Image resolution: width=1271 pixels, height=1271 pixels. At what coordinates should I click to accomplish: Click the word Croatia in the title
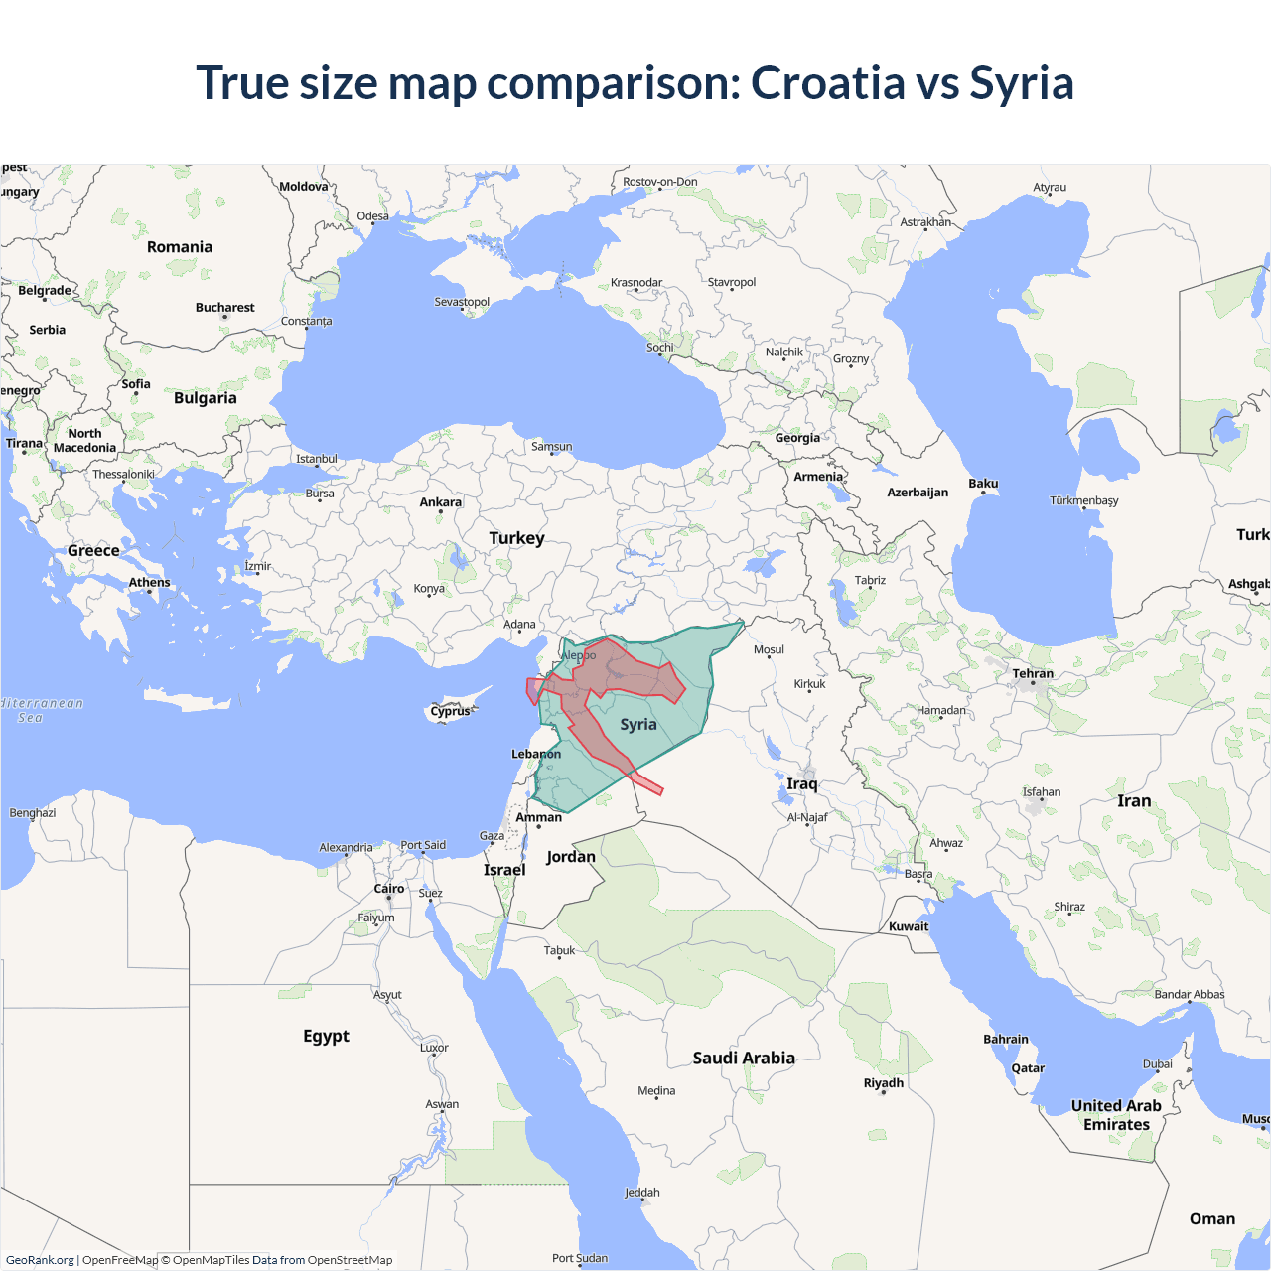tap(827, 82)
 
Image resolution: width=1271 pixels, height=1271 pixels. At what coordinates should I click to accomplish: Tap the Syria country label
tap(638, 725)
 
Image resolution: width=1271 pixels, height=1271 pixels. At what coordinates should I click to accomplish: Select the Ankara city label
tap(440, 502)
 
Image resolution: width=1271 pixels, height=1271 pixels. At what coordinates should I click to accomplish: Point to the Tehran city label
tap(1033, 673)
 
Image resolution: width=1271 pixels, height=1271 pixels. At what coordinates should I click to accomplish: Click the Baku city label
tap(983, 484)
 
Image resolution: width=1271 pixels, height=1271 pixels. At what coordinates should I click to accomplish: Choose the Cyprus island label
tap(450, 711)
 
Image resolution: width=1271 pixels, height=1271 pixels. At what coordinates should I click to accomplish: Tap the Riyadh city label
tap(883, 1083)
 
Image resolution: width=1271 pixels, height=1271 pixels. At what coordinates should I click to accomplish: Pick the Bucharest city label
tap(224, 308)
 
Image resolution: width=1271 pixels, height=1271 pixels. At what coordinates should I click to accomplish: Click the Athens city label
tap(149, 583)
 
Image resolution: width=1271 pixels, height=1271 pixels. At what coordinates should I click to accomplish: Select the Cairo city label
tap(388, 889)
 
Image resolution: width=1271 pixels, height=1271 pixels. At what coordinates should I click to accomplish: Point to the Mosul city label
tap(769, 650)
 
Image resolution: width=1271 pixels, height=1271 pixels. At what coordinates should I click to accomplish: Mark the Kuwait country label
tap(909, 926)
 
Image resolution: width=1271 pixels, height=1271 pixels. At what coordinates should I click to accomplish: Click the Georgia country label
tap(797, 438)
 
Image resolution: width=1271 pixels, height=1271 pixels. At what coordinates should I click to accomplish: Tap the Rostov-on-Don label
tap(659, 182)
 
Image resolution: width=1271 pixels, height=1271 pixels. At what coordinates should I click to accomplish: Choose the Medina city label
tap(656, 1091)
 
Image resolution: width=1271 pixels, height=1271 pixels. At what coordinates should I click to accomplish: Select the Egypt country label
tap(326, 1037)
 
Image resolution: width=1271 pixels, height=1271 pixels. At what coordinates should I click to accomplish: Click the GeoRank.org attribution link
tap(40, 1260)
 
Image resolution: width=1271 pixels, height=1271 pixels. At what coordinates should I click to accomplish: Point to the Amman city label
tap(538, 818)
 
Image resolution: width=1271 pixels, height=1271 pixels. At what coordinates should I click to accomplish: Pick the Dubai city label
tap(1157, 1064)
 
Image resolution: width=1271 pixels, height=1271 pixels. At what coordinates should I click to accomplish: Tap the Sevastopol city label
tap(462, 302)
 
